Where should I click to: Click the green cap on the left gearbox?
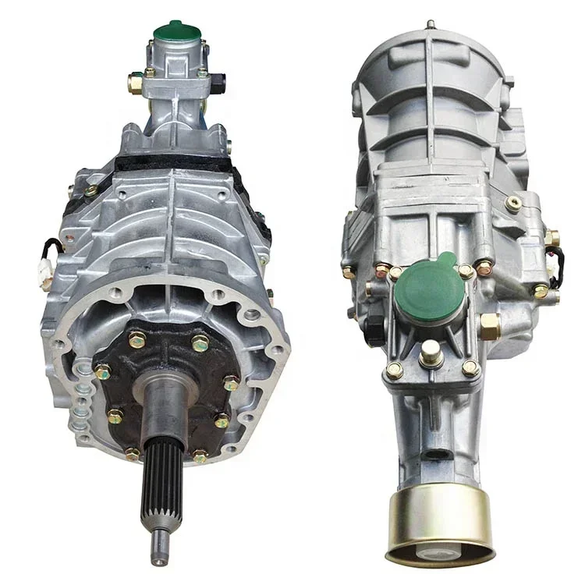click(x=177, y=32)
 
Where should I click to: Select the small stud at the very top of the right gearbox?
click(x=429, y=24)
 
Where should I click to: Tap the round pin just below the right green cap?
click(x=431, y=354)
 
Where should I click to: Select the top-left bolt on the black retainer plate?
click(x=136, y=339)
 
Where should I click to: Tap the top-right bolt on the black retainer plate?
click(x=200, y=342)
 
